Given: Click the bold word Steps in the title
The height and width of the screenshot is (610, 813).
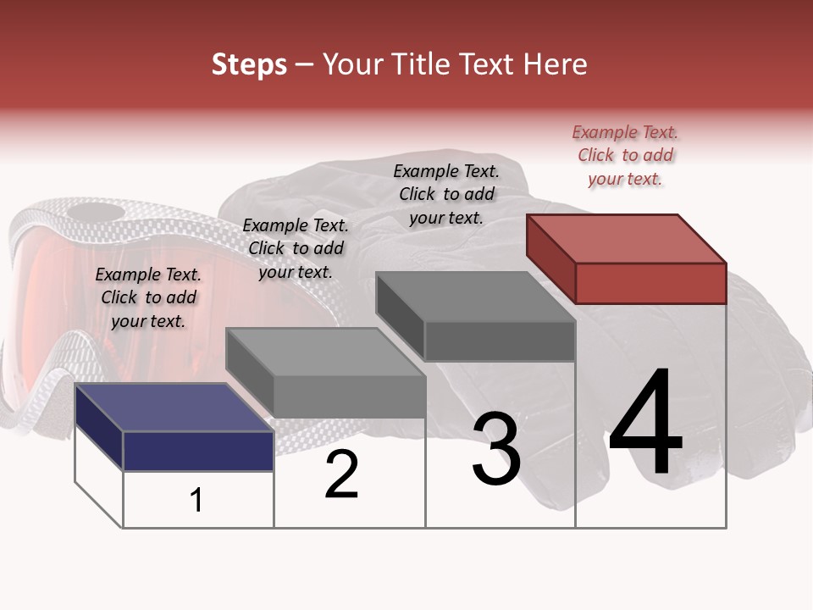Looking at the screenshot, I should [x=249, y=64].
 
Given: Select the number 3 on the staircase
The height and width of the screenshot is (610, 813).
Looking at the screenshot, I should [x=495, y=449].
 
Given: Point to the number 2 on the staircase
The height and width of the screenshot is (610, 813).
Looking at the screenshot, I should [x=341, y=474].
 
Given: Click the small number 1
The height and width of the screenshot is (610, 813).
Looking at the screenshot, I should [x=196, y=500].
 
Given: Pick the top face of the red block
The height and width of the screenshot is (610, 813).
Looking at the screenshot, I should [x=625, y=238].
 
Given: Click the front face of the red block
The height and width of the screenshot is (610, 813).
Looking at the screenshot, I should [x=650, y=283].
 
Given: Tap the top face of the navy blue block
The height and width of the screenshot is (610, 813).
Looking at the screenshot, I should [x=174, y=408].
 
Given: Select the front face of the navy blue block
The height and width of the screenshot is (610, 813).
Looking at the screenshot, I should [x=198, y=451].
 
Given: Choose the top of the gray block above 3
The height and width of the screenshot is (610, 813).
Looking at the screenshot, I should [x=475, y=297].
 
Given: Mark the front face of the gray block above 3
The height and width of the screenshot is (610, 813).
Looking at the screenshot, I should [x=500, y=341].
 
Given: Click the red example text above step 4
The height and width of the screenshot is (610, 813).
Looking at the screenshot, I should [x=625, y=156].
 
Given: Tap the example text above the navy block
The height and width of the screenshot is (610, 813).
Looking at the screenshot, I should [x=148, y=298].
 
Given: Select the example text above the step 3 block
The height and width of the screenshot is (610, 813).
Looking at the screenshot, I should [x=446, y=194].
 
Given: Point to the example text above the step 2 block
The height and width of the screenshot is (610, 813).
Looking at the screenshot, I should [x=296, y=249].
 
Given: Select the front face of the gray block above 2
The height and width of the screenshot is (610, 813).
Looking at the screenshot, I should [x=349, y=396].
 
